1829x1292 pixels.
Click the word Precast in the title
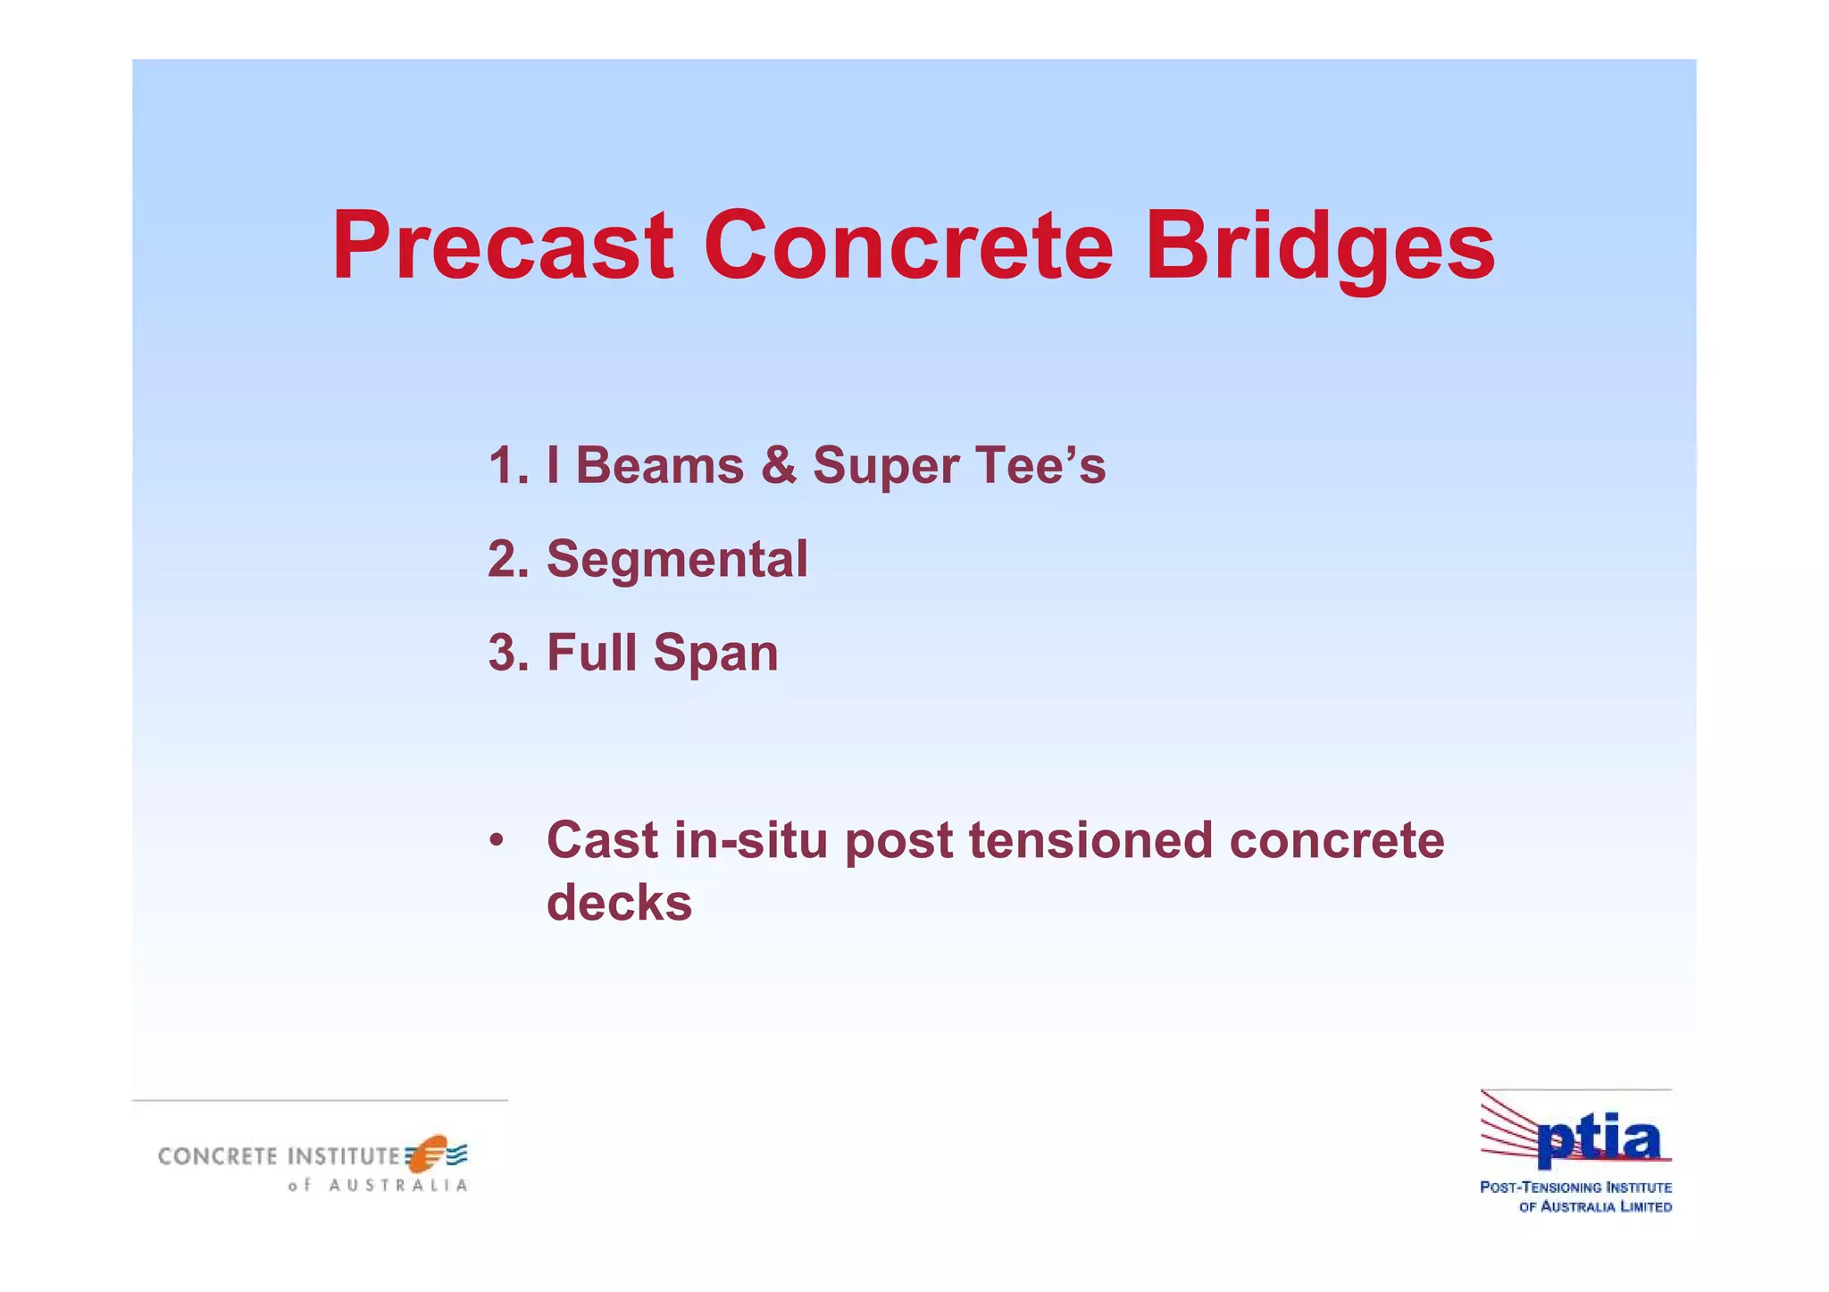pos(502,246)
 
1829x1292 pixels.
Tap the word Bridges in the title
pos(1319,246)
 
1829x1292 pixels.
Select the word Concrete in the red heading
pos(908,246)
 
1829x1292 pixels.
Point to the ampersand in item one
pos(779,466)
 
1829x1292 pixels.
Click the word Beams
pos(659,466)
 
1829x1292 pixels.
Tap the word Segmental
pos(677,560)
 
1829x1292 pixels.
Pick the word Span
pos(715,653)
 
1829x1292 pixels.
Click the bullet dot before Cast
pos(497,841)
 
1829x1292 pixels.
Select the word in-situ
pos(750,841)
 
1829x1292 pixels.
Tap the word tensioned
pos(1090,841)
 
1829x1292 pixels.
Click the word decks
pos(619,903)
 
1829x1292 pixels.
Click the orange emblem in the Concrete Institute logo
pos(427,1154)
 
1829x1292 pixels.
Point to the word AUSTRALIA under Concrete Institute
pos(398,1186)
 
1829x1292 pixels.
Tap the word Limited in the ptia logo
pos(1645,1207)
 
